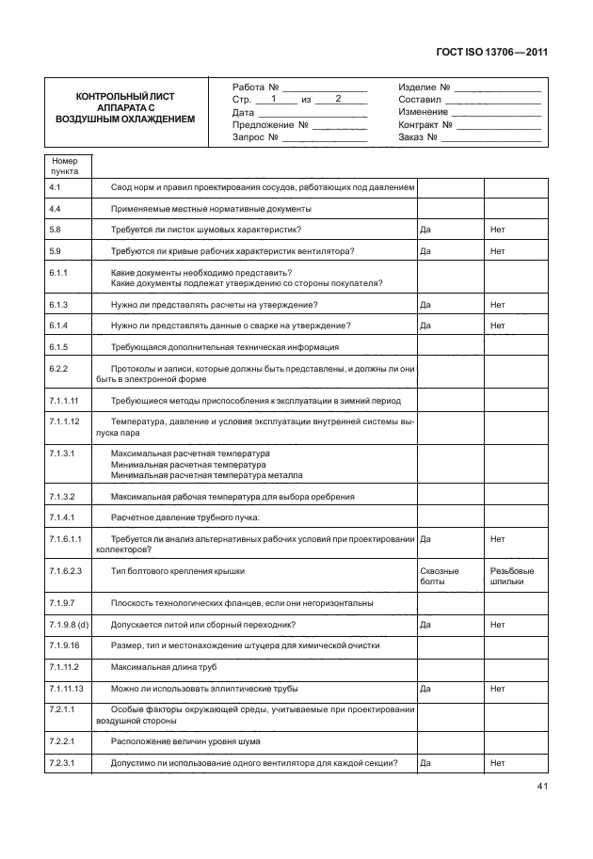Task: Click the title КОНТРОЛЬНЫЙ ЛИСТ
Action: pos(124,97)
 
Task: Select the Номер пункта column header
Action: pos(65,167)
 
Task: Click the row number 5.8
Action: pos(55,230)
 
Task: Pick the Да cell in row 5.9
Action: pos(425,251)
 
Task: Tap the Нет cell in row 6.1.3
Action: pos(498,305)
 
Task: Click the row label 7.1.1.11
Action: pos(63,400)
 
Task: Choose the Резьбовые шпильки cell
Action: pos(512,576)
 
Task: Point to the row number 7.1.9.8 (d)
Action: pos(68,624)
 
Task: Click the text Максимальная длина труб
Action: pos(164,667)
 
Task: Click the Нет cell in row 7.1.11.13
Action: pos(498,688)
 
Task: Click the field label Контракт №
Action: pos(421,124)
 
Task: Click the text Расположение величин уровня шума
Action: pos(184,740)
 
